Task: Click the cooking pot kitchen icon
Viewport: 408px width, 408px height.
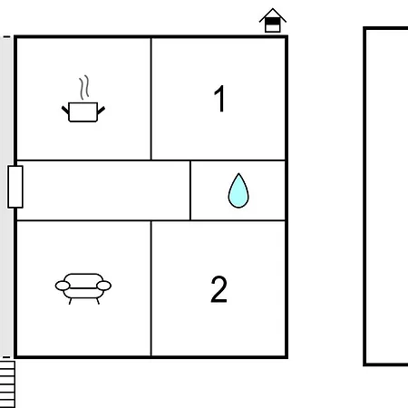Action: coord(83,112)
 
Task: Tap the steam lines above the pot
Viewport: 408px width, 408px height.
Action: coord(84,88)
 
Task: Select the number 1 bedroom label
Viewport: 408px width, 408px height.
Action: coord(219,99)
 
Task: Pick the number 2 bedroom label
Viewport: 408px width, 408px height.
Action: coord(219,289)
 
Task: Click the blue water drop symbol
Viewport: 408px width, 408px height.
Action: coord(238,190)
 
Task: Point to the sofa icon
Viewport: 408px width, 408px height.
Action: coord(83,288)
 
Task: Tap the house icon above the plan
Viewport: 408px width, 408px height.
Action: coord(273,20)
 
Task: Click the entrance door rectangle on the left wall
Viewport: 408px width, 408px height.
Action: coord(15,187)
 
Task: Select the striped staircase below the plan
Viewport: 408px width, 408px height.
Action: coord(7,384)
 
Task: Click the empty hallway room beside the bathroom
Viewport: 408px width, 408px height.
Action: coord(103,190)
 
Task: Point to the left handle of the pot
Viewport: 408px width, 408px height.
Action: coord(65,110)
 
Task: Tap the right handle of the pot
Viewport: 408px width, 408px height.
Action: coord(101,110)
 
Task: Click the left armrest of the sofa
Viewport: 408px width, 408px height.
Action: coord(63,286)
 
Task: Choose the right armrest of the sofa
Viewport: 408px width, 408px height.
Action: coord(103,286)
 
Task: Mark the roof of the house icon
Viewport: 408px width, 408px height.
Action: coord(273,15)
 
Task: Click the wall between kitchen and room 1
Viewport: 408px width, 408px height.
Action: coord(151,99)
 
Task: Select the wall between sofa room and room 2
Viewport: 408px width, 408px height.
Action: coord(151,288)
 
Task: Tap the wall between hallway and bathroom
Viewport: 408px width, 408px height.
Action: coord(190,190)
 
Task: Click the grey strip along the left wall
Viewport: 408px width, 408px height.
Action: coord(6,197)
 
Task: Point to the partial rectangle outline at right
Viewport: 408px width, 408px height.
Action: coord(364,197)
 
